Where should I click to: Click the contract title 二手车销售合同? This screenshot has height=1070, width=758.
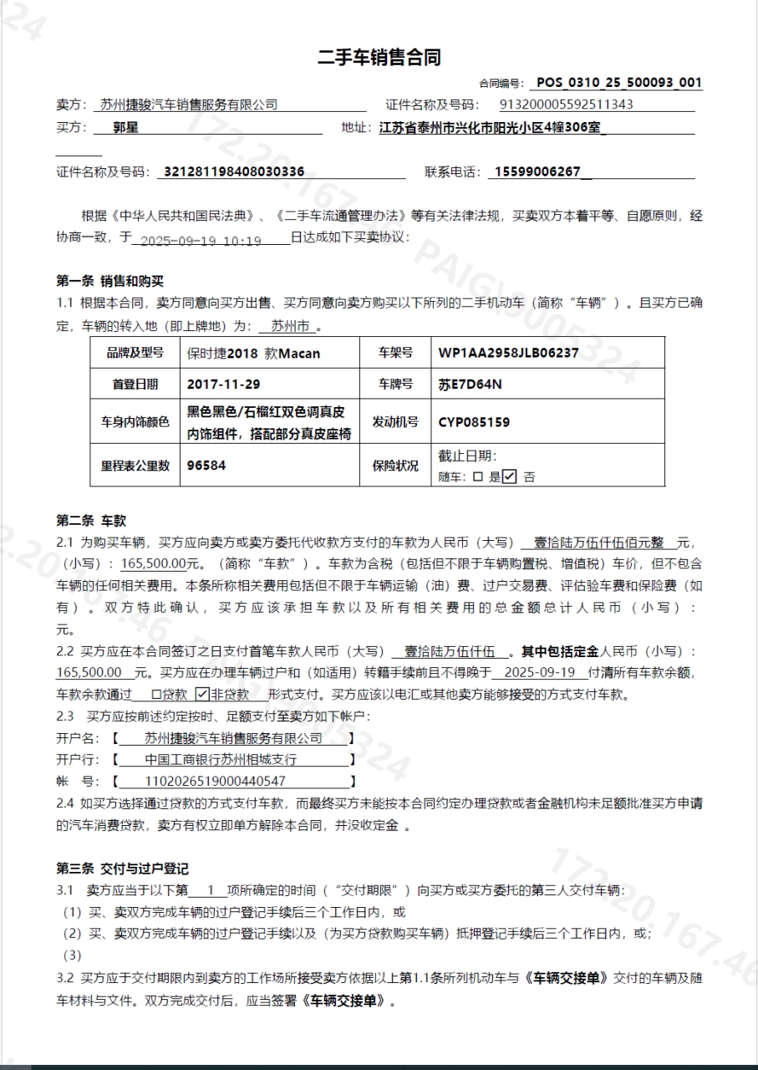coord(379,58)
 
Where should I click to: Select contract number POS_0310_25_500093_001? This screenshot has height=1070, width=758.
coord(618,82)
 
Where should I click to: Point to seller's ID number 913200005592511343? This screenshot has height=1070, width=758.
coord(566,104)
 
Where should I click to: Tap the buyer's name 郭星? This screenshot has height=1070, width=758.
coord(126,128)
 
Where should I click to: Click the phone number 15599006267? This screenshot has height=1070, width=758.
coord(537,171)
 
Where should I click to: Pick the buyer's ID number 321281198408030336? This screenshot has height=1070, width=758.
coord(234,171)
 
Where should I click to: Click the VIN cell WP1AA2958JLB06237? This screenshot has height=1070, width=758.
coord(508,353)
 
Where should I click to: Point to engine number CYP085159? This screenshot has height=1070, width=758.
coord(474,422)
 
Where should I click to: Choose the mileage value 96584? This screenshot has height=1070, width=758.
coord(206,465)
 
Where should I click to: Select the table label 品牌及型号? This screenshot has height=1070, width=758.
coord(135,353)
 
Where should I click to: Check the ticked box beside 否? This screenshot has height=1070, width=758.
coord(509,476)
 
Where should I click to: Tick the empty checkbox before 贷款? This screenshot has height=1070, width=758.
coord(156,694)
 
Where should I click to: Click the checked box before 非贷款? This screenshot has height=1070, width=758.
coord(201,694)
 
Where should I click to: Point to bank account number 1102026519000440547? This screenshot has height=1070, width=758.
coord(216,782)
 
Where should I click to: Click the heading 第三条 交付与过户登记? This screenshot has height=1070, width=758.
coord(122,869)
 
